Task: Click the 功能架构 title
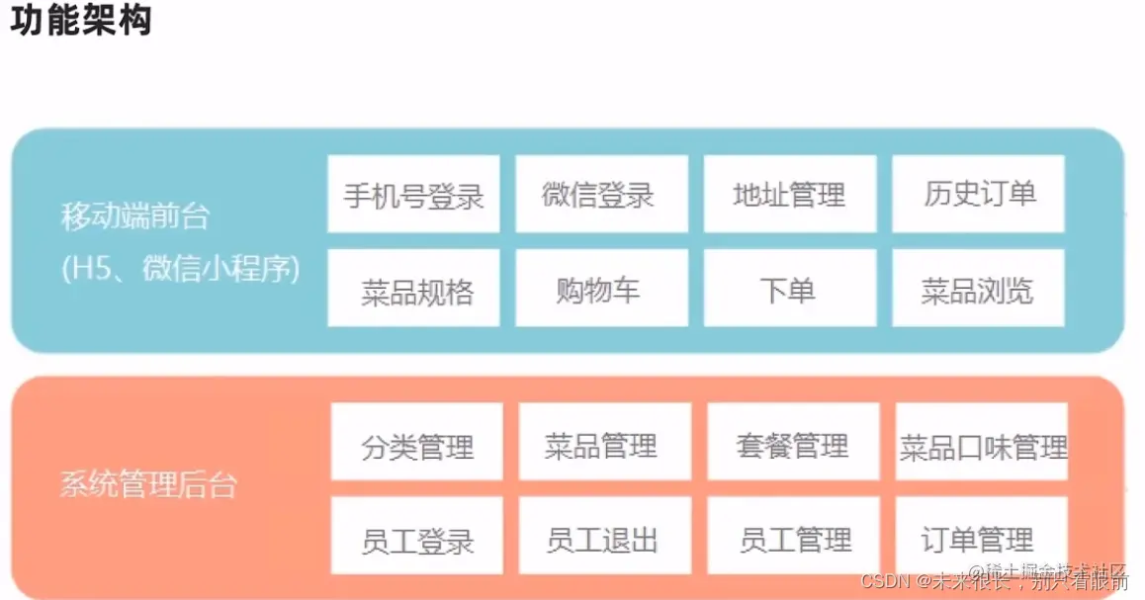point(81,22)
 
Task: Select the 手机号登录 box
point(413,194)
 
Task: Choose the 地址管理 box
point(790,194)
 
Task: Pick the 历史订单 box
point(978,194)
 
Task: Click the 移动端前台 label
point(135,215)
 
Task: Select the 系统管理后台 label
point(149,485)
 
